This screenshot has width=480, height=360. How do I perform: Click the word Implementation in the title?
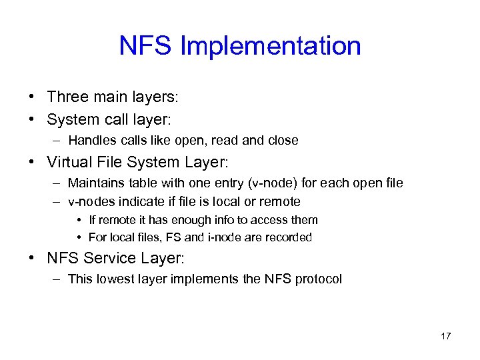tap(271, 47)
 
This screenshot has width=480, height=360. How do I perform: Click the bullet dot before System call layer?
tap(32, 120)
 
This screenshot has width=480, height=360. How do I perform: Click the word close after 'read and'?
tap(283, 141)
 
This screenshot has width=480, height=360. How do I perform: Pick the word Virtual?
tap(69, 162)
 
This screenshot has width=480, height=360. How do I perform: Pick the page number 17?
tap(445, 336)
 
